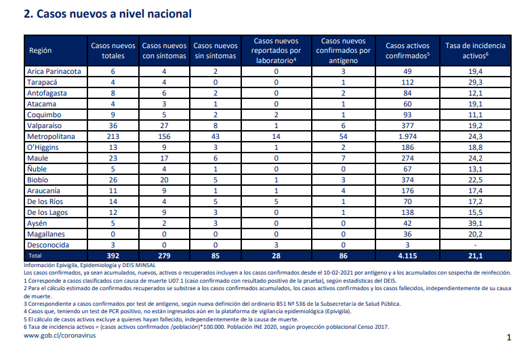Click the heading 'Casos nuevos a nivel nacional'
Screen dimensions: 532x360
(114, 14)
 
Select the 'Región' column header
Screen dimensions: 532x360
(41, 51)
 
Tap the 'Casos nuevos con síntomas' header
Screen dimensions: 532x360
(164, 51)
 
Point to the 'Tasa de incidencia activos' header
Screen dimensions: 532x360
(475, 51)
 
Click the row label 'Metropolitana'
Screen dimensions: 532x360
(51, 136)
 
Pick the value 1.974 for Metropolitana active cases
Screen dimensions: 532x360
(407, 136)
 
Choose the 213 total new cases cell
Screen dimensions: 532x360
(113, 136)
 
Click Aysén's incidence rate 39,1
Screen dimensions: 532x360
(475, 223)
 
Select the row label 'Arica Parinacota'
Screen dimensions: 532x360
(54, 71)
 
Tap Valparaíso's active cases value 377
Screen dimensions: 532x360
(407, 125)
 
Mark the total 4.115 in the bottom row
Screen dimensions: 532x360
(407, 256)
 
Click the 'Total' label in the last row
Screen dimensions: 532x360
(35, 256)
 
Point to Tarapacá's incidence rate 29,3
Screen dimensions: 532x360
(475, 82)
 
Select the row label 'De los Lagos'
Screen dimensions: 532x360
(47, 212)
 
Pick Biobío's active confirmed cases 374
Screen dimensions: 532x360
(407, 180)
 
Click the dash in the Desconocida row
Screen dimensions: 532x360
(475, 245)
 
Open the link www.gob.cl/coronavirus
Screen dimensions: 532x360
(60, 336)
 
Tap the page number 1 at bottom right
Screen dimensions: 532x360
(508, 337)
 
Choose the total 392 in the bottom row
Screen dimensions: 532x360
(113, 256)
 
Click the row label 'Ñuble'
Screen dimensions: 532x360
(37, 169)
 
